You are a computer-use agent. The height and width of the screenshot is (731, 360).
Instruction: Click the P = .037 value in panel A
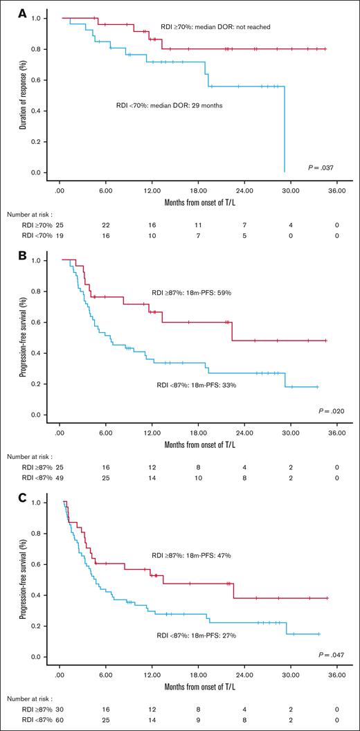pyautogui.click(x=322, y=168)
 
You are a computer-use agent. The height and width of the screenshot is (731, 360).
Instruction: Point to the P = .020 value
pyautogui.click(x=322, y=411)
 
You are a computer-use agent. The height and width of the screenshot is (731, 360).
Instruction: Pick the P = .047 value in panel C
pyautogui.click(x=322, y=653)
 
